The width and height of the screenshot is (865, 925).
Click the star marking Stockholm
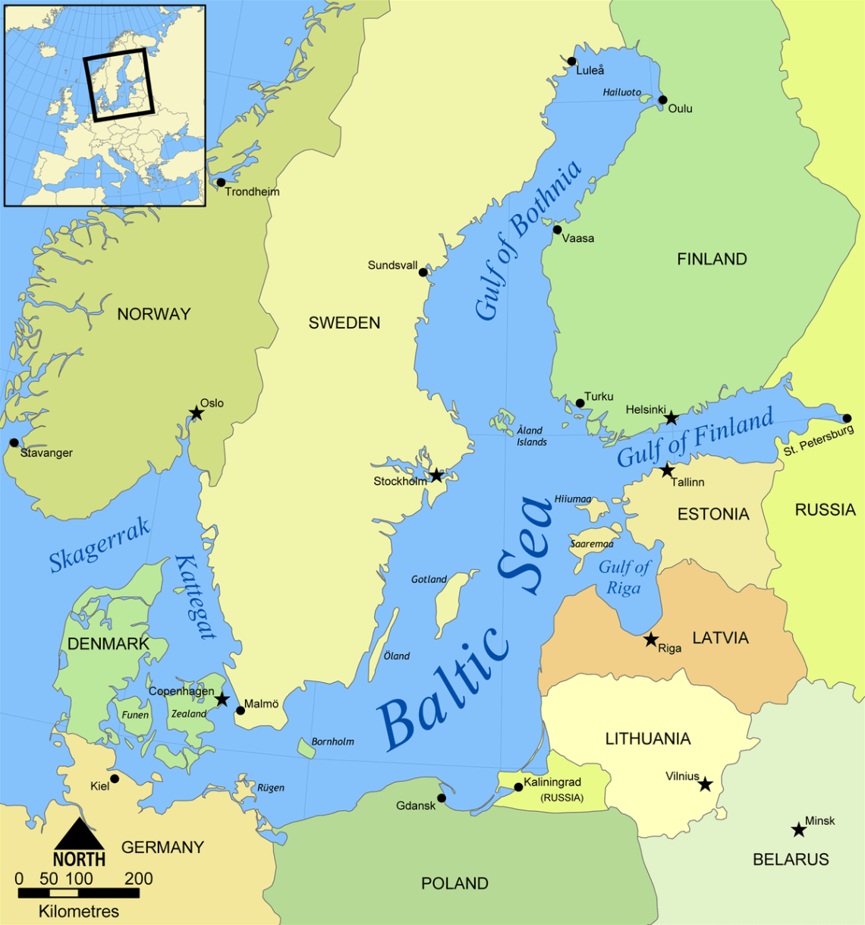(x=436, y=476)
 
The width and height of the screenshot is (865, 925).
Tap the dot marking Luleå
(x=571, y=61)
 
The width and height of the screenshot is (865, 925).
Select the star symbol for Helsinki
(x=671, y=418)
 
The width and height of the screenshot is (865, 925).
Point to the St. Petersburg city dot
(x=847, y=418)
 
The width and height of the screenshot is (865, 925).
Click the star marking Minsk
(x=798, y=830)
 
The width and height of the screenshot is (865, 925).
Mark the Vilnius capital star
(x=705, y=784)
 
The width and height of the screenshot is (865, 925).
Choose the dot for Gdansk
(x=442, y=798)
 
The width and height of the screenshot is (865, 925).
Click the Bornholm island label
(x=332, y=741)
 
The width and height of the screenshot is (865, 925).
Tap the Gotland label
(x=429, y=579)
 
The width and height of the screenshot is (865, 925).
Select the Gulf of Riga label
(x=624, y=577)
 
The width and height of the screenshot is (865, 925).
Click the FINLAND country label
(x=712, y=260)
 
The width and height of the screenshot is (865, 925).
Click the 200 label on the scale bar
(x=139, y=879)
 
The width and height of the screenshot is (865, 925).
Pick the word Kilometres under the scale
(x=79, y=911)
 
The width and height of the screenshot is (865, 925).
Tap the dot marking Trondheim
(x=221, y=182)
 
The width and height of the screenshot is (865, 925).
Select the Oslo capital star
(x=197, y=413)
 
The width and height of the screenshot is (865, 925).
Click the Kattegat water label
(x=196, y=597)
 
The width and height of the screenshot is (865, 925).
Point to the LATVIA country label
(x=720, y=638)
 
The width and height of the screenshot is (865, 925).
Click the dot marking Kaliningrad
(x=518, y=787)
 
